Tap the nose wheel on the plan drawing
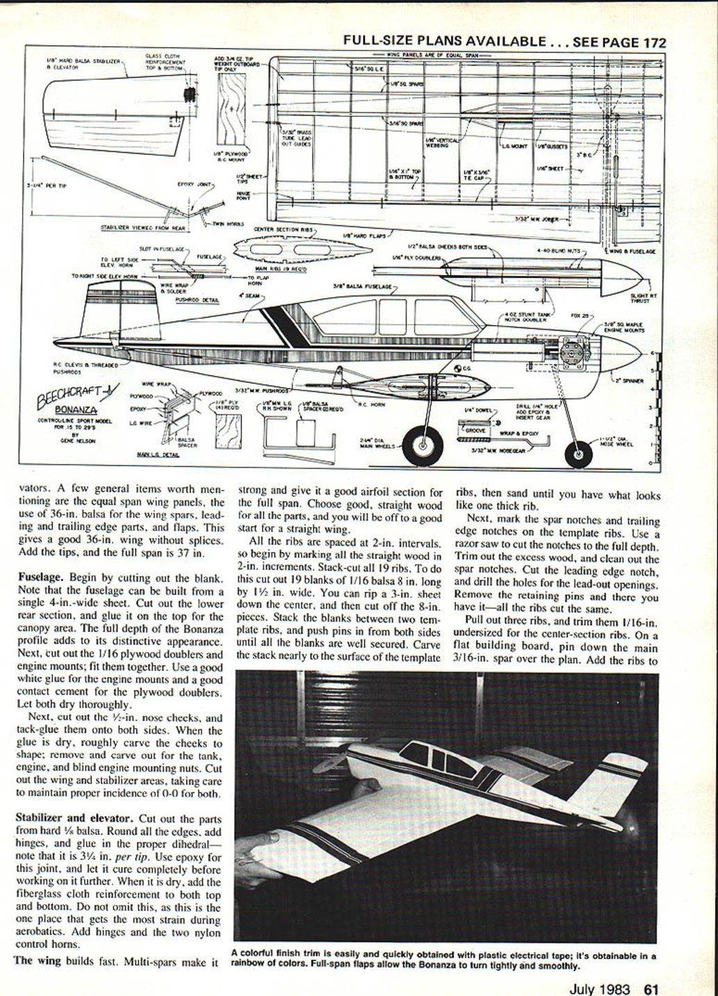(578, 454)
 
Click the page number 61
(651, 988)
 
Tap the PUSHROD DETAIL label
(197, 300)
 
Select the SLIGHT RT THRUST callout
(639, 298)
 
